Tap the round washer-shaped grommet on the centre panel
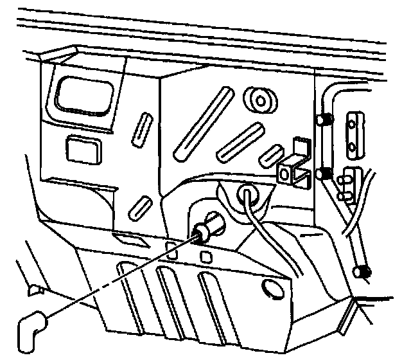259,100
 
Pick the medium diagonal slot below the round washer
241,140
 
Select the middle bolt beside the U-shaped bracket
324,173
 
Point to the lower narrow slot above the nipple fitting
139,210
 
